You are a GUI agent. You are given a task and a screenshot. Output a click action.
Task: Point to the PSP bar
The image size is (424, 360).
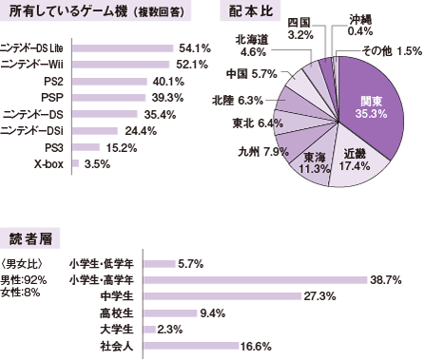click(x=107, y=97)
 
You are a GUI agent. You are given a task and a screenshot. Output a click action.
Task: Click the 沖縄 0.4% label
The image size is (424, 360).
click(x=360, y=25)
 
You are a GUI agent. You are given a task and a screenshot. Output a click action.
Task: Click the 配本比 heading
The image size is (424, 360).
click(x=254, y=12)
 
